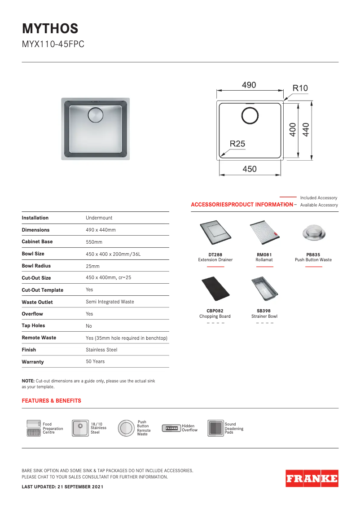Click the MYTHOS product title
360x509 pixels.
click(x=50, y=29)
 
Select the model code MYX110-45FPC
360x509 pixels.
click(x=53, y=45)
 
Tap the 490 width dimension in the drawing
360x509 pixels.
click(x=249, y=85)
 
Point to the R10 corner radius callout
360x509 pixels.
click(x=300, y=88)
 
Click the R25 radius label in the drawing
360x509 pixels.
click(x=237, y=144)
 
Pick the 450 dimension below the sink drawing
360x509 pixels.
click(x=250, y=169)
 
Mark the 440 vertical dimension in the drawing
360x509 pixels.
click(x=306, y=130)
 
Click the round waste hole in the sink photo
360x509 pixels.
click(x=96, y=115)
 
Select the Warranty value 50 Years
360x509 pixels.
click(x=95, y=361)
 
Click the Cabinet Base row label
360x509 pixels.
click(x=37, y=241)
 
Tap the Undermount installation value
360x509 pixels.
click(x=99, y=218)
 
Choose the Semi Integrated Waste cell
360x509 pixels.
click(x=110, y=302)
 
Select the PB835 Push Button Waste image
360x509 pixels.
click(x=313, y=232)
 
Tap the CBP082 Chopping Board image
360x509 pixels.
click(x=215, y=289)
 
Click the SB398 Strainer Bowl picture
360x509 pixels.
click(x=264, y=289)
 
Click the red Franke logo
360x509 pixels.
click(x=312, y=478)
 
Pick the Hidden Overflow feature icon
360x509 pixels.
click(x=171, y=428)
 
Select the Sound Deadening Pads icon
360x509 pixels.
click(x=215, y=429)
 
